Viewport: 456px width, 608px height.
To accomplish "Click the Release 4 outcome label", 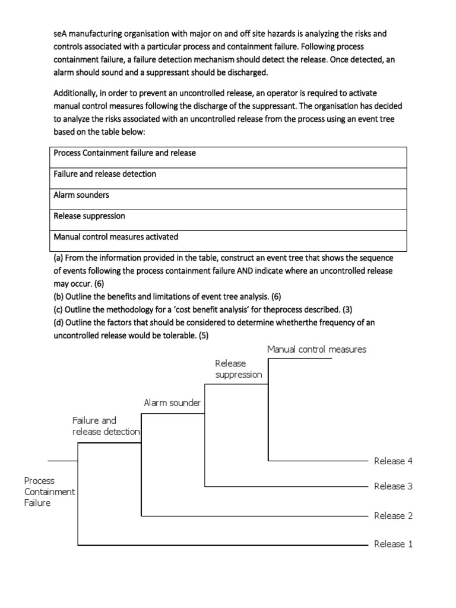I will pyautogui.click(x=393, y=461).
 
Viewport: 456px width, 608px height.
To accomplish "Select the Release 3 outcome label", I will pyautogui.click(x=393, y=486).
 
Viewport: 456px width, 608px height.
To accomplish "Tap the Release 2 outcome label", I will pyautogui.click(x=393, y=515).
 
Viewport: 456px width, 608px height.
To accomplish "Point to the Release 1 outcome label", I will pyautogui.click(x=393, y=544).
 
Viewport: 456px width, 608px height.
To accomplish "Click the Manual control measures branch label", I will pyautogui.click(x=316, y=349).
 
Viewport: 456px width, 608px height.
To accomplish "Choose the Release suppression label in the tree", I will pyautogui.click(x=238, y=369).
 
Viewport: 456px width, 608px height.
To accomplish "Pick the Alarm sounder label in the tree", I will pyautogui.click(x=172, y=404).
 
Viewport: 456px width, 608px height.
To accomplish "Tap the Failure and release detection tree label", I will pyautogui.click(x=106, y=426).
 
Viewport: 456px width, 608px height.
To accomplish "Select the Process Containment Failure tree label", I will pyautogui.click(x=49, y=492).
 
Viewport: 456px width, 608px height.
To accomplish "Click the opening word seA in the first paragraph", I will pyautogui.click(x=59, y=34).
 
